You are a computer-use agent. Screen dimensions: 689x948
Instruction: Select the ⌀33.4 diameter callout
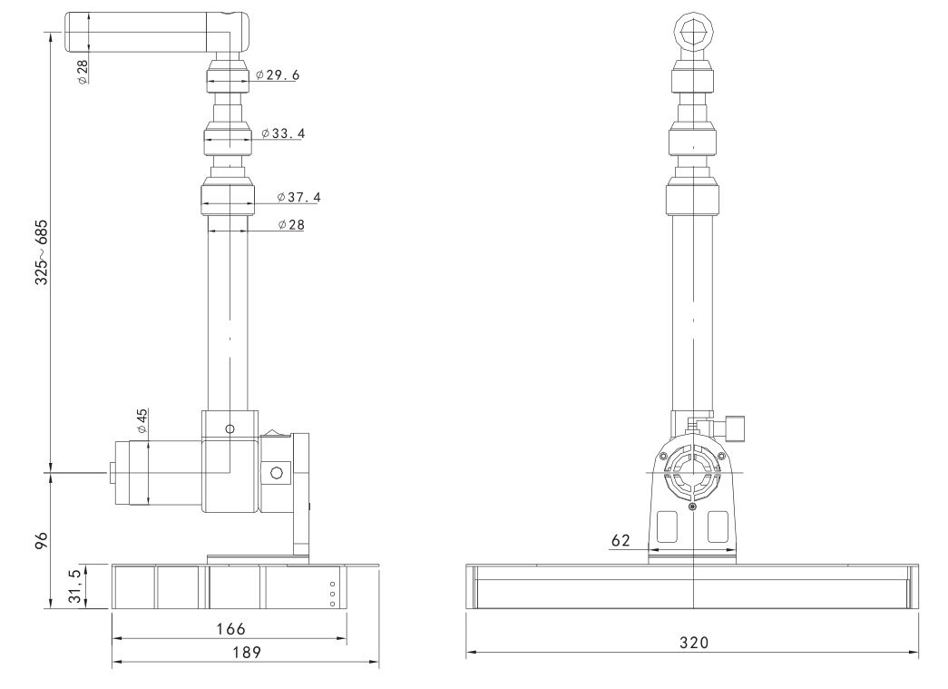[283, 133]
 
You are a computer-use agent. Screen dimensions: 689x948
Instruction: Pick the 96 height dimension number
[41, 542]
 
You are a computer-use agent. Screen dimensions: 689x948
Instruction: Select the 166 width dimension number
[228, 628]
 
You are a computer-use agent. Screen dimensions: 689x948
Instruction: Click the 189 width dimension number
[245, 653]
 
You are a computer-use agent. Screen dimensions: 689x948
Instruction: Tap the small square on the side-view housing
[277, 471]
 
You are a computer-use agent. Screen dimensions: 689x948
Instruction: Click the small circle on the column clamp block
[230, 428]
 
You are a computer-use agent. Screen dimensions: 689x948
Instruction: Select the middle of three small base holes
[333, 593]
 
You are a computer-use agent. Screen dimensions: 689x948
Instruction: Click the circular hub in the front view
[692, 473]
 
